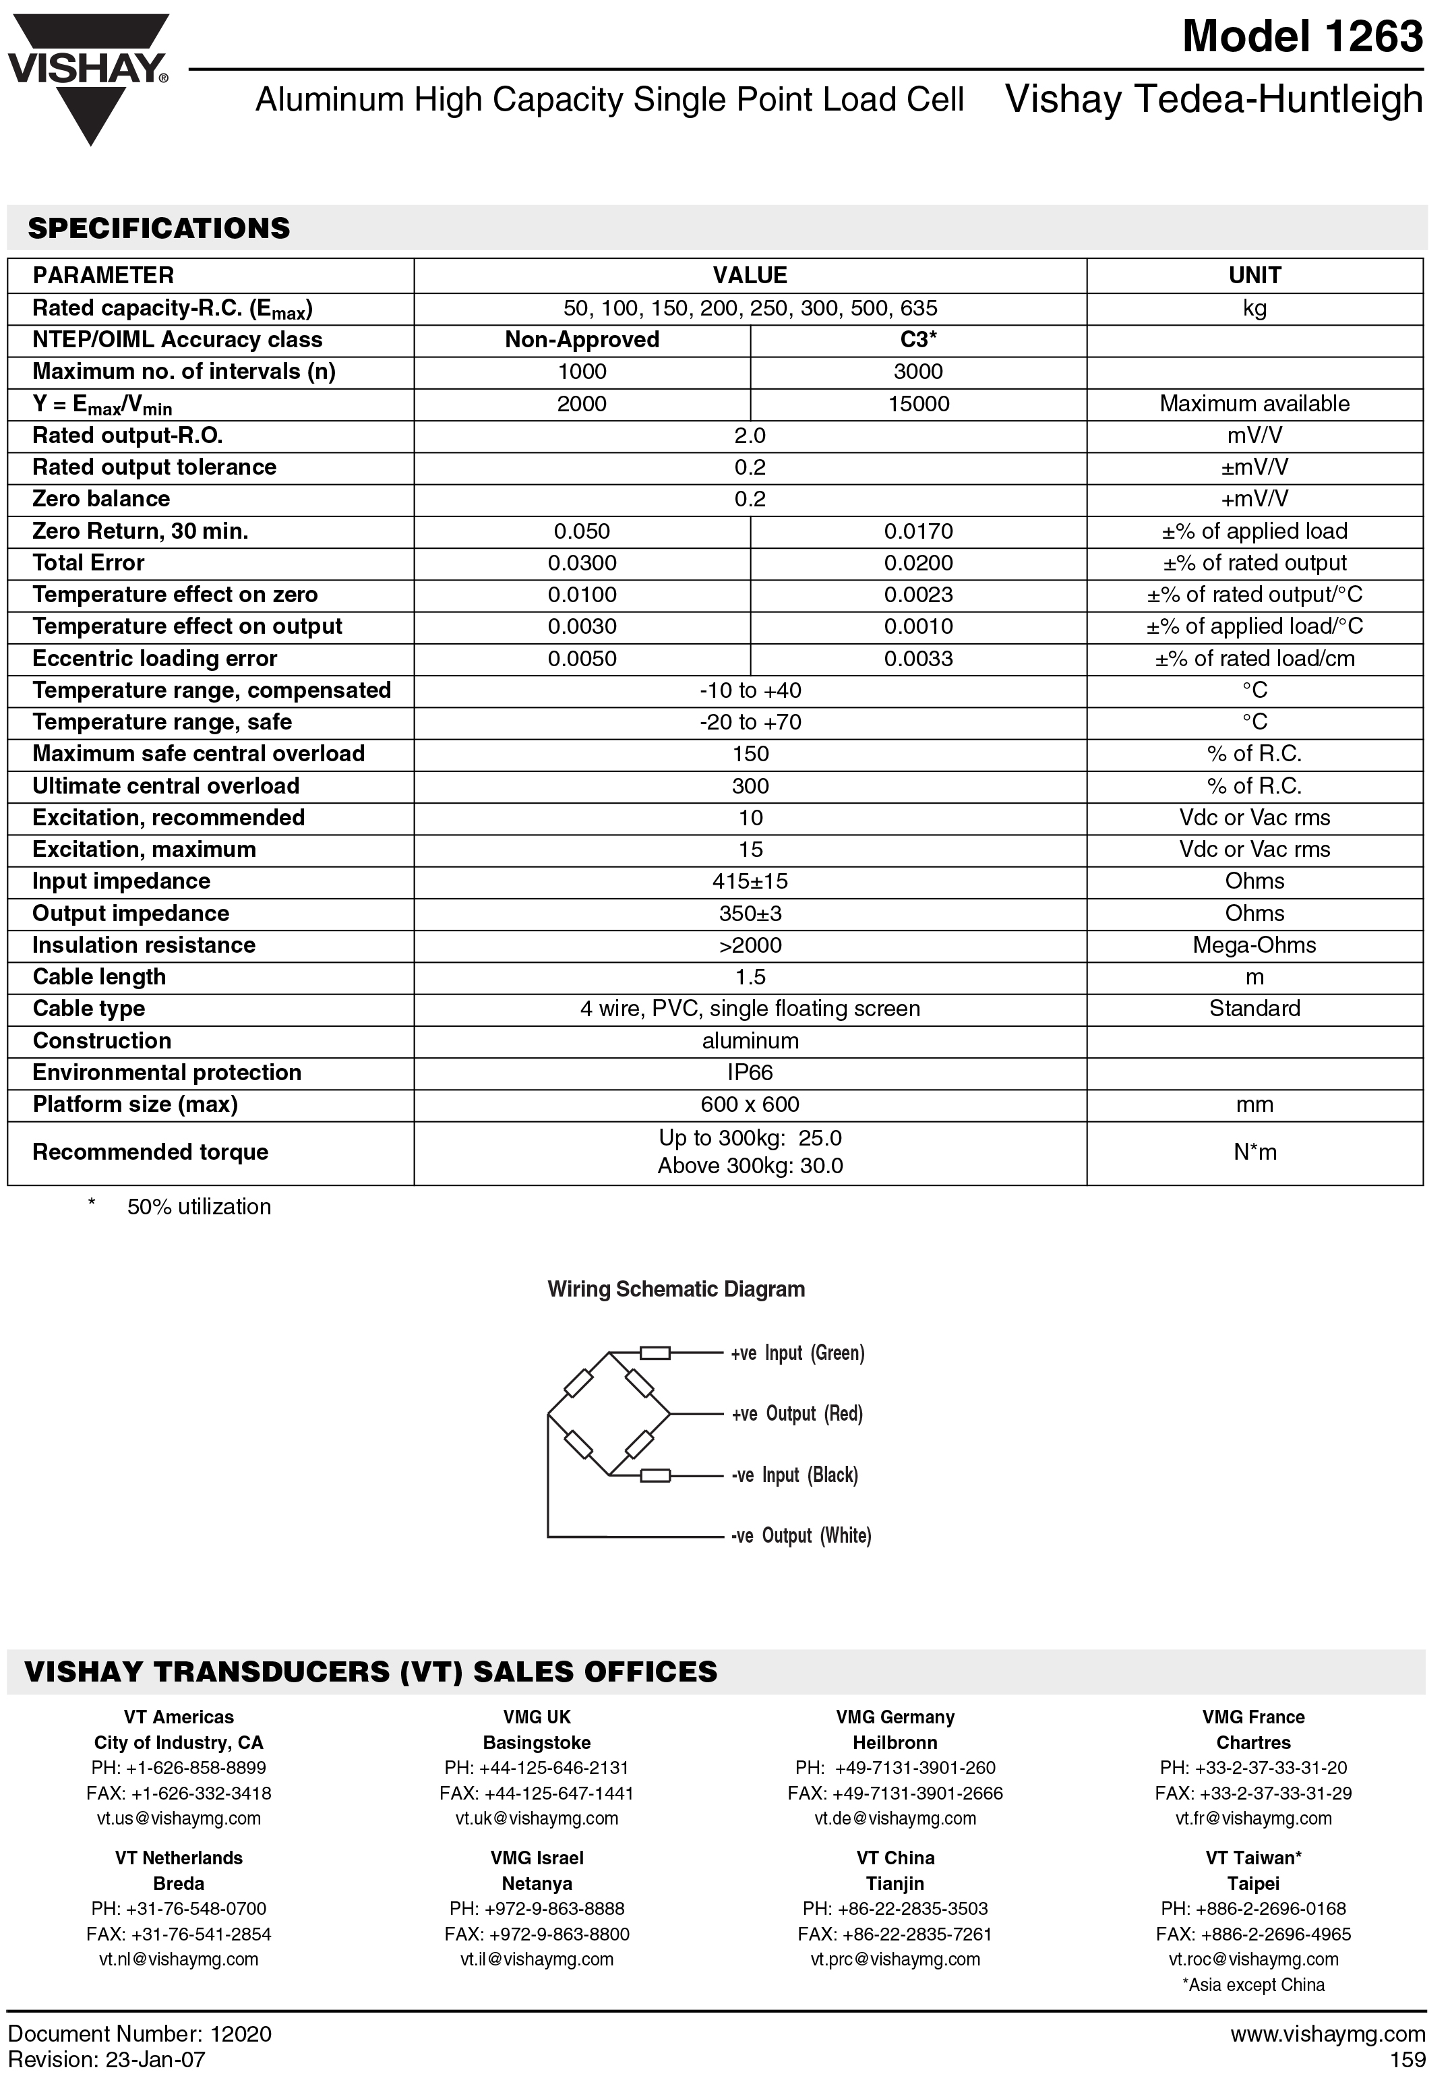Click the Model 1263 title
1302,37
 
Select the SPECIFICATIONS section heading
159,228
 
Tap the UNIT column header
1254,275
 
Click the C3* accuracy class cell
917,340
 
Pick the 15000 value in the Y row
917,404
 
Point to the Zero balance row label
101,499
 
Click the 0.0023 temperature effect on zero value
917,595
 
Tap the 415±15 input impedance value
750,882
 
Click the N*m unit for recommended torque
1254,1152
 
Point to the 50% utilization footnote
199,1207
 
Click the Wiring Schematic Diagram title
675,1289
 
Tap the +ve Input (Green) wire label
797,1354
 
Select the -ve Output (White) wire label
801,1536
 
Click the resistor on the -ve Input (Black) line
655,1477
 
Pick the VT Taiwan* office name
1253,1858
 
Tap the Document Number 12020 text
140,2034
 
